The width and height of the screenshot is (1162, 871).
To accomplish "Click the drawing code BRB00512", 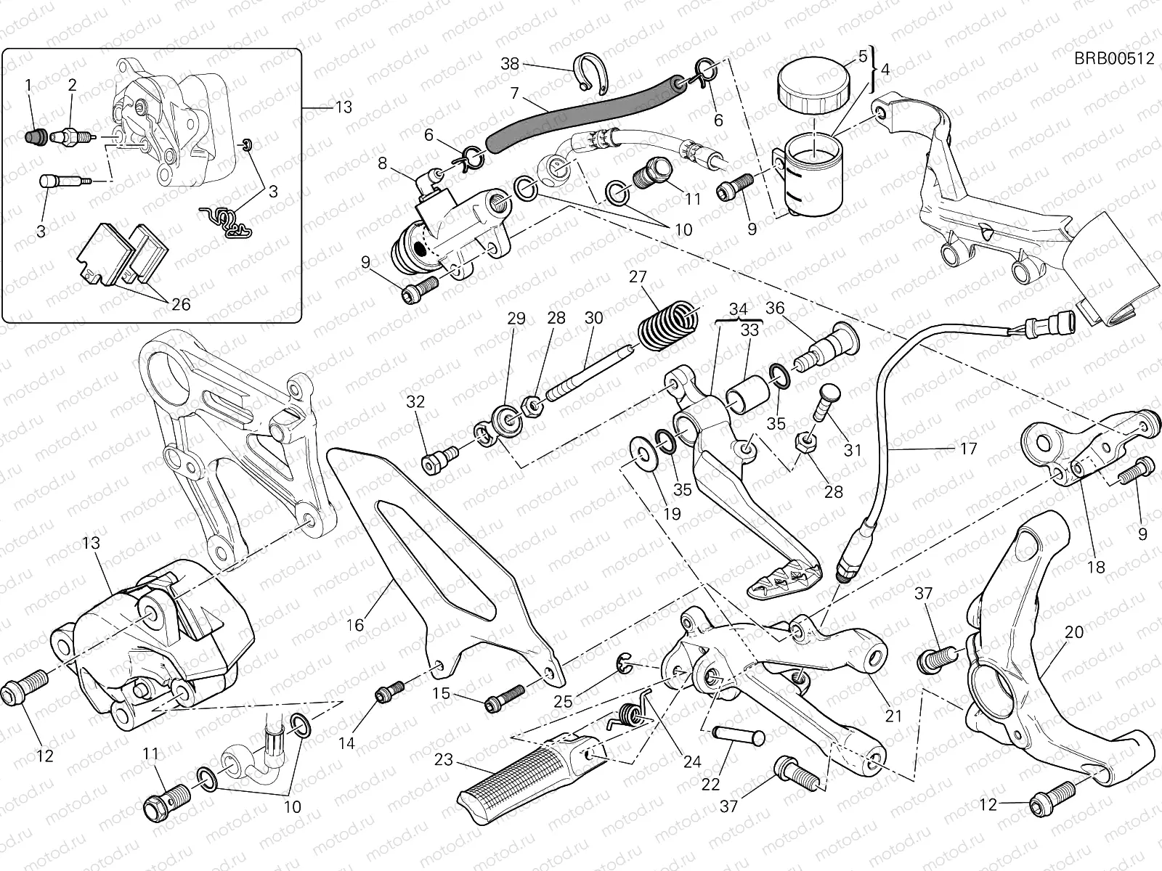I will click(x=1114, y=59).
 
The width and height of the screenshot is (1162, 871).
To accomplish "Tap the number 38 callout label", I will click(x=511, y=64).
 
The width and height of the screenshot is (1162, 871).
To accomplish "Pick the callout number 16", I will click(x=354, y=624).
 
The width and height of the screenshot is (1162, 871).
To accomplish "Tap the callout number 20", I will click(x=1073, y=631).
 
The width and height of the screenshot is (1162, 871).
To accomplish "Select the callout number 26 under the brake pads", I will click(x=181, y=305).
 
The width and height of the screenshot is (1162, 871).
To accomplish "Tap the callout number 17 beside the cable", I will click(x=969, y=449).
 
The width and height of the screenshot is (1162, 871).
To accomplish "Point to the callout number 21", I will click(x=893, y=716).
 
